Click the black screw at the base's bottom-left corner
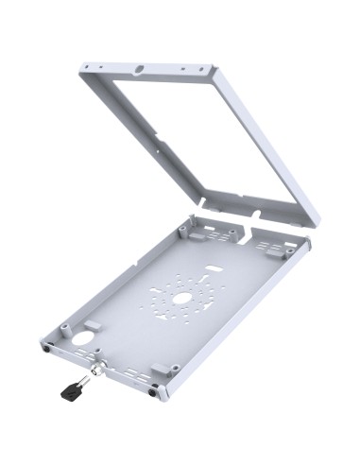point(47,348)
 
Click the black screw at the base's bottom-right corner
point(154,390)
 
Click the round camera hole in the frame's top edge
point(140,69)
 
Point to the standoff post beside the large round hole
point(64,327)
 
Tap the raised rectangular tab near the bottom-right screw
point(161,367)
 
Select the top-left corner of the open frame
point(82,66)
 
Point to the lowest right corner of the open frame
point(316,223)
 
